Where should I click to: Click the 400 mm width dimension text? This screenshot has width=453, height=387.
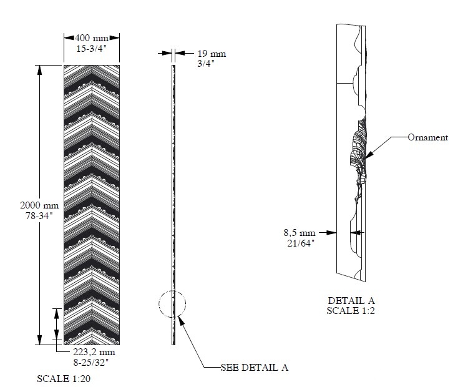click(92, 38)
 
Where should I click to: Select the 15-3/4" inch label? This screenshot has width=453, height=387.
click(91, 48)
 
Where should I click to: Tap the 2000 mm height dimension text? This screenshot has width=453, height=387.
click(39, 205)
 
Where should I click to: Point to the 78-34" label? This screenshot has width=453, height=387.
click(39, 215)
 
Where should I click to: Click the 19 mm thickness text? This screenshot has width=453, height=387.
click(212, 54)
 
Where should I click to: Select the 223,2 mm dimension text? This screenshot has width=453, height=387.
click(94, 352)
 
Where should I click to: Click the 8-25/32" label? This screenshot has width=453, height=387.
click(90, 362)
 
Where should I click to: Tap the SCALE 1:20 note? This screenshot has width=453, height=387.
click(64, 379)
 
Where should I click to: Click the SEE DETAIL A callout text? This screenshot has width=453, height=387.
click(254, 368)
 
